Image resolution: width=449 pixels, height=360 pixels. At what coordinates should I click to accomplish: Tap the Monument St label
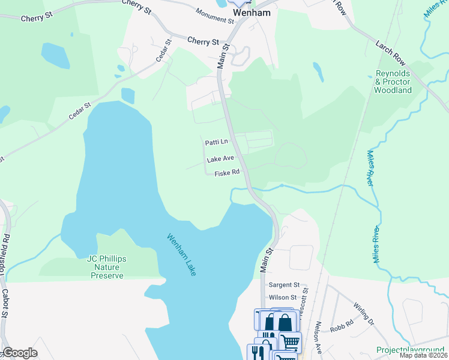click(x=215, y=16)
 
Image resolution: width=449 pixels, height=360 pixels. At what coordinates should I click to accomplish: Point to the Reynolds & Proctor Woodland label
click(x=393, y=82)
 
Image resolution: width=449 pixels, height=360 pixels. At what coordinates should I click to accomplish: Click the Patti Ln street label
click(x=217, y=142)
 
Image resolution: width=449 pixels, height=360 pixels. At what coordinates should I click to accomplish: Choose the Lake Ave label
click(x=220, y=160)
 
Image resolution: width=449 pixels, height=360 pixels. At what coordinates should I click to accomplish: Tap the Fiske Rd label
click(x=228, y=172)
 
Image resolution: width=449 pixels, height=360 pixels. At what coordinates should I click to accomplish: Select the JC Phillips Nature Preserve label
click(x=107, y=266)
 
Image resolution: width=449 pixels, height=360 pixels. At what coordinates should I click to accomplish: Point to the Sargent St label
click(x=284, y=284)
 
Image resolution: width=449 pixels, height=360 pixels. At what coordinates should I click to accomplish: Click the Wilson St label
click(x=283, y=297)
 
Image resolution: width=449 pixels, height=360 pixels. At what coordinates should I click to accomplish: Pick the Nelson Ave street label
click(x=318, y=338)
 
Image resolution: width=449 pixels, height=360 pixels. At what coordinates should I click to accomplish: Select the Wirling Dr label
click(x=364, y=314)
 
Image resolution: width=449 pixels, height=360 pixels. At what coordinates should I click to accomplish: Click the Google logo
click(x=20, y=353)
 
